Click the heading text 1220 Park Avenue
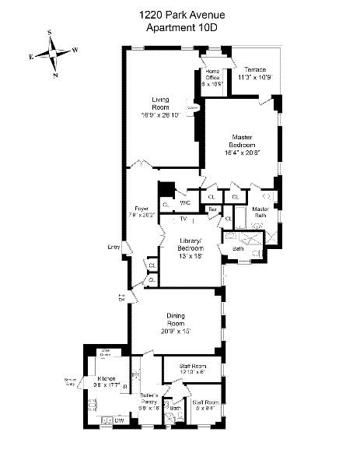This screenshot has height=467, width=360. [180, 13]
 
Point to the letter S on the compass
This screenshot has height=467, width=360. [51, 33]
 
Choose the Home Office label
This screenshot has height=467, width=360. [213, 75]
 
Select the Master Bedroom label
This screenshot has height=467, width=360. [238, 142]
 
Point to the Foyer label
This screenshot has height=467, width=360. [142, 209]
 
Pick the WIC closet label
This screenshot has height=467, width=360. [185, 203]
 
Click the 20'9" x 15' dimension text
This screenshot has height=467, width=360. [176, 331]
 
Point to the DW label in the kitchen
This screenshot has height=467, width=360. [119, 421]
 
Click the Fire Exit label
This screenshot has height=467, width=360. [121, 297]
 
